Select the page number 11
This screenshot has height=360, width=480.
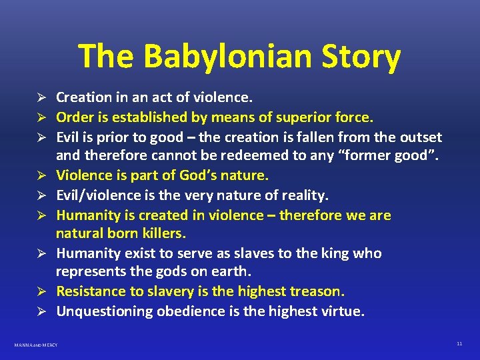[459, 343]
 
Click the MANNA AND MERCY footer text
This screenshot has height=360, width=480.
[36, 345]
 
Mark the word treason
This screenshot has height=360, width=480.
[319, 292]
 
